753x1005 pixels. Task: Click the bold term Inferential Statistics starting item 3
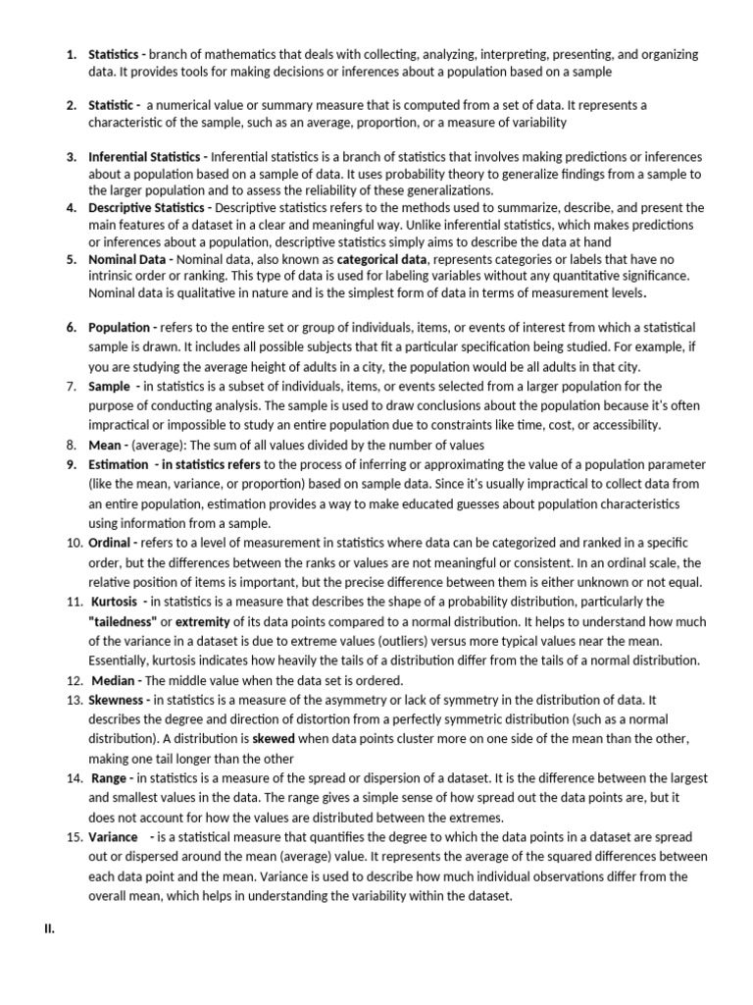[143, 157]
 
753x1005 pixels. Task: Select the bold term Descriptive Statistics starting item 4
[145, 208]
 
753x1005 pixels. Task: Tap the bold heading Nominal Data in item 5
[126, 259]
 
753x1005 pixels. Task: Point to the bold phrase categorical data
[382, 259]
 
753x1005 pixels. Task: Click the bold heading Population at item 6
[118, 327]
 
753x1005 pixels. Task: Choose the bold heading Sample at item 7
[109, 386]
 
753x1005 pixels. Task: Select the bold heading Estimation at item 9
[118, 464]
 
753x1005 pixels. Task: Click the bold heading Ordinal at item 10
[112, 543]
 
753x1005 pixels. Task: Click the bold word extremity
[203, 621]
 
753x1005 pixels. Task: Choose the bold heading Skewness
[118, 699]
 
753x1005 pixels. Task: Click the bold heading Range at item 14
[109, 777]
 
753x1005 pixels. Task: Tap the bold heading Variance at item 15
[113, 836]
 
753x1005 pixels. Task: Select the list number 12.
[74, 680]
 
